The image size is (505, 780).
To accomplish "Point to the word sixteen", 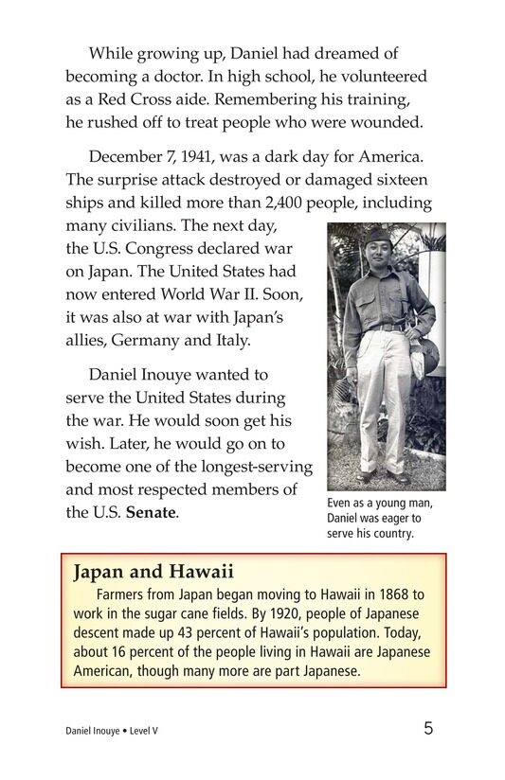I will (x=397, y=180).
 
